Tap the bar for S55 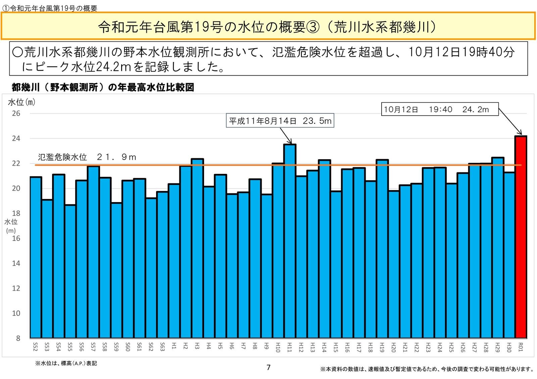point(70,271)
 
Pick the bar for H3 point(197,248)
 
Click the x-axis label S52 point(36,346)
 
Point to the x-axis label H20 point(394,347)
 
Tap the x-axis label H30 point(509,347)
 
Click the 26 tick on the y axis point(16,113)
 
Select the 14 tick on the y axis point(16,263)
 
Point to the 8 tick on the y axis point(18,338)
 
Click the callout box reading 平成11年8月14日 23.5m point(280,121)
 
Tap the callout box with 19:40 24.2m point(440,109)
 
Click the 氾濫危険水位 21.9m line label point(87,157)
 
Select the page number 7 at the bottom point(268,368)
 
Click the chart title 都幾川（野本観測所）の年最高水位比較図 point(103,87)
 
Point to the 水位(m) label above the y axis point(21,102)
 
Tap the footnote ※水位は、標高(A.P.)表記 point(66,363)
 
